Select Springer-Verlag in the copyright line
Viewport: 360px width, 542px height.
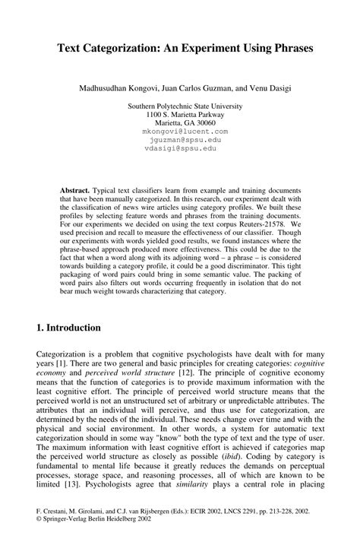tap(65, 524)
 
